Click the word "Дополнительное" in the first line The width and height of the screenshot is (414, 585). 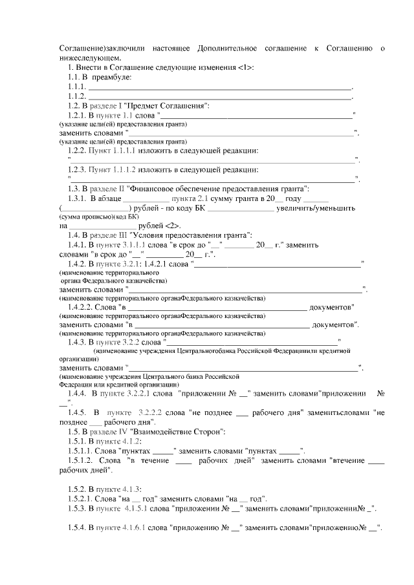pyautogui.click(x=224, y=48)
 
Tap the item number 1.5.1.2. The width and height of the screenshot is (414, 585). pyautogui.click(x=80, y=460)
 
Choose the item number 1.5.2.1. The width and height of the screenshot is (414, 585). pyautogui.click(x=80, y=498)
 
